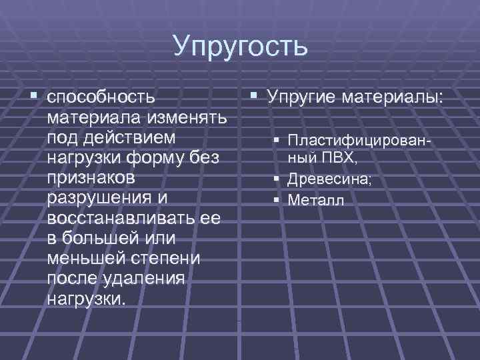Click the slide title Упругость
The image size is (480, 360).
pos(240,46)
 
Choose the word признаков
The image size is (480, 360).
pos(91,179)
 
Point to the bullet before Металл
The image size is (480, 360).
pos(275,199)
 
